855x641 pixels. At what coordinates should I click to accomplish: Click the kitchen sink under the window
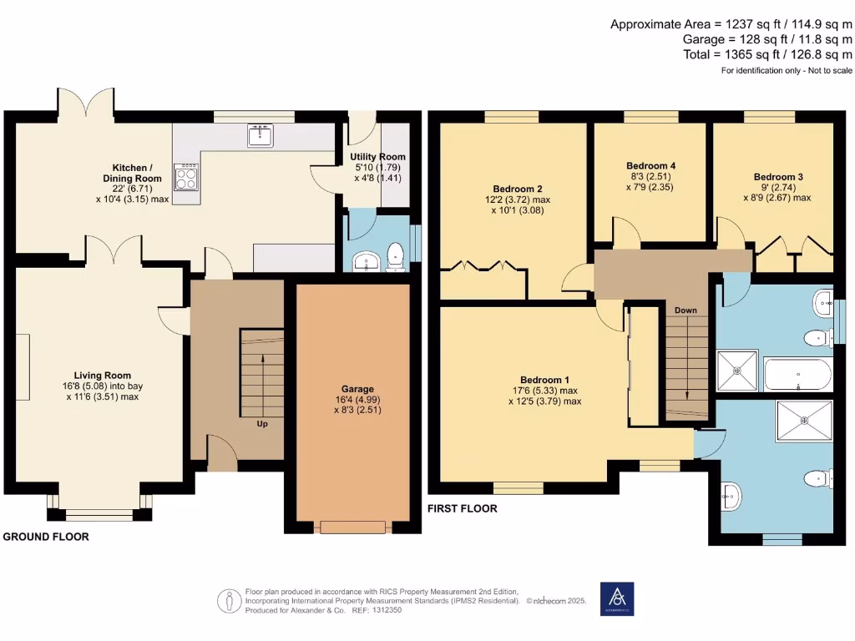click(260, 135)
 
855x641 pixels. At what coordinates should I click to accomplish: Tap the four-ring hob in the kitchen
click(185, 176)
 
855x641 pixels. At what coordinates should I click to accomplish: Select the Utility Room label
click(378, 157)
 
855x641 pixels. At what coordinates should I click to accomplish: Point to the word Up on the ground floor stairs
click(262, 423)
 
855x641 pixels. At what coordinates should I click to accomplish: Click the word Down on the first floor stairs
click(686, 310)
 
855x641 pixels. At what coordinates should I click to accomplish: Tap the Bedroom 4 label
click(650, 166)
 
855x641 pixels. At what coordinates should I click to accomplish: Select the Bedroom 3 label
click(777, 177)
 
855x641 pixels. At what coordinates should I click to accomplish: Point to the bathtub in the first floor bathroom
click(797, 376)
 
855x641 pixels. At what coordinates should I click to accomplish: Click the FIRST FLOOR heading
click(462, 508)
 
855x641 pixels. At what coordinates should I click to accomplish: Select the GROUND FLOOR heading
click(46, 537)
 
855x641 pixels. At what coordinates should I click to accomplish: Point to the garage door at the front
click(352, 527)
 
